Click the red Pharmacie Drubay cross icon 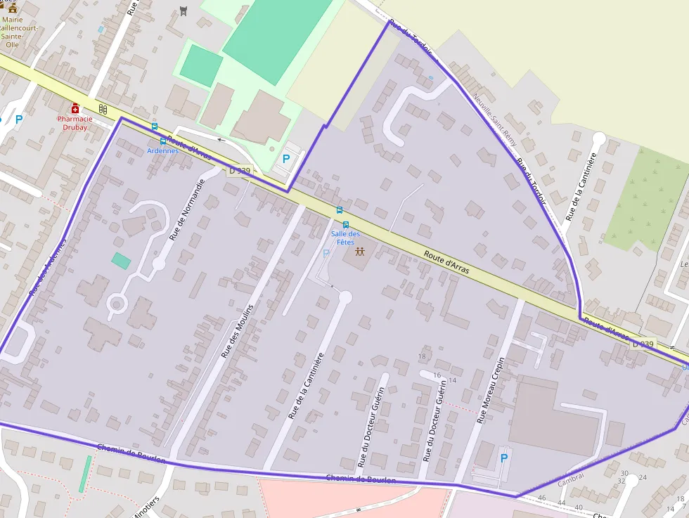75,108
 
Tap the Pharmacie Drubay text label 75,123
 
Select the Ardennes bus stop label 162,150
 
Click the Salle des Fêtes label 345,238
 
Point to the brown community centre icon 360,251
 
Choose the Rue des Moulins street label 237,327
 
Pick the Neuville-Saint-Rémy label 495,120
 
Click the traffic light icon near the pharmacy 103,109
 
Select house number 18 422,356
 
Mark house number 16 437,375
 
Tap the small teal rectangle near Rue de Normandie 121,261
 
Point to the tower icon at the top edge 183,10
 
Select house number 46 541,498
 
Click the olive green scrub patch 644,200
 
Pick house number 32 622,481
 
